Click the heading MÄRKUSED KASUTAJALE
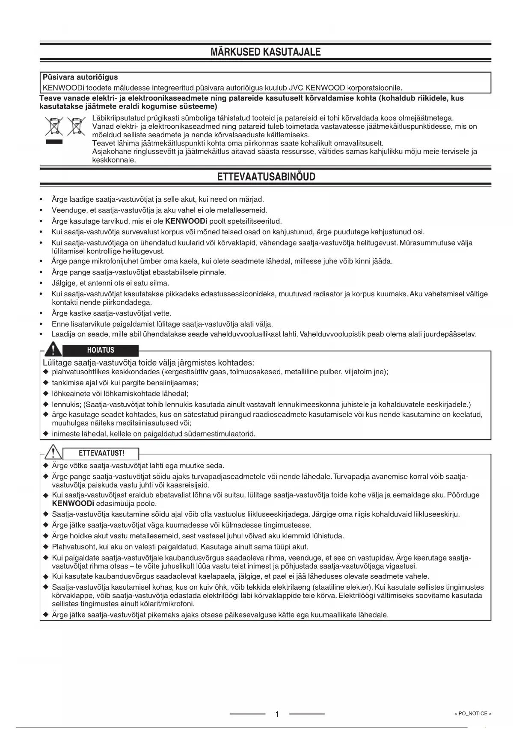265,52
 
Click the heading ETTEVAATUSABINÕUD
266,177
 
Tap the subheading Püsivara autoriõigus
80,77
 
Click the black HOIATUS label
101,350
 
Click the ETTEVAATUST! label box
101,453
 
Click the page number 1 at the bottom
277,714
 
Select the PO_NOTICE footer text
472,714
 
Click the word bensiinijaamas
175,383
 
